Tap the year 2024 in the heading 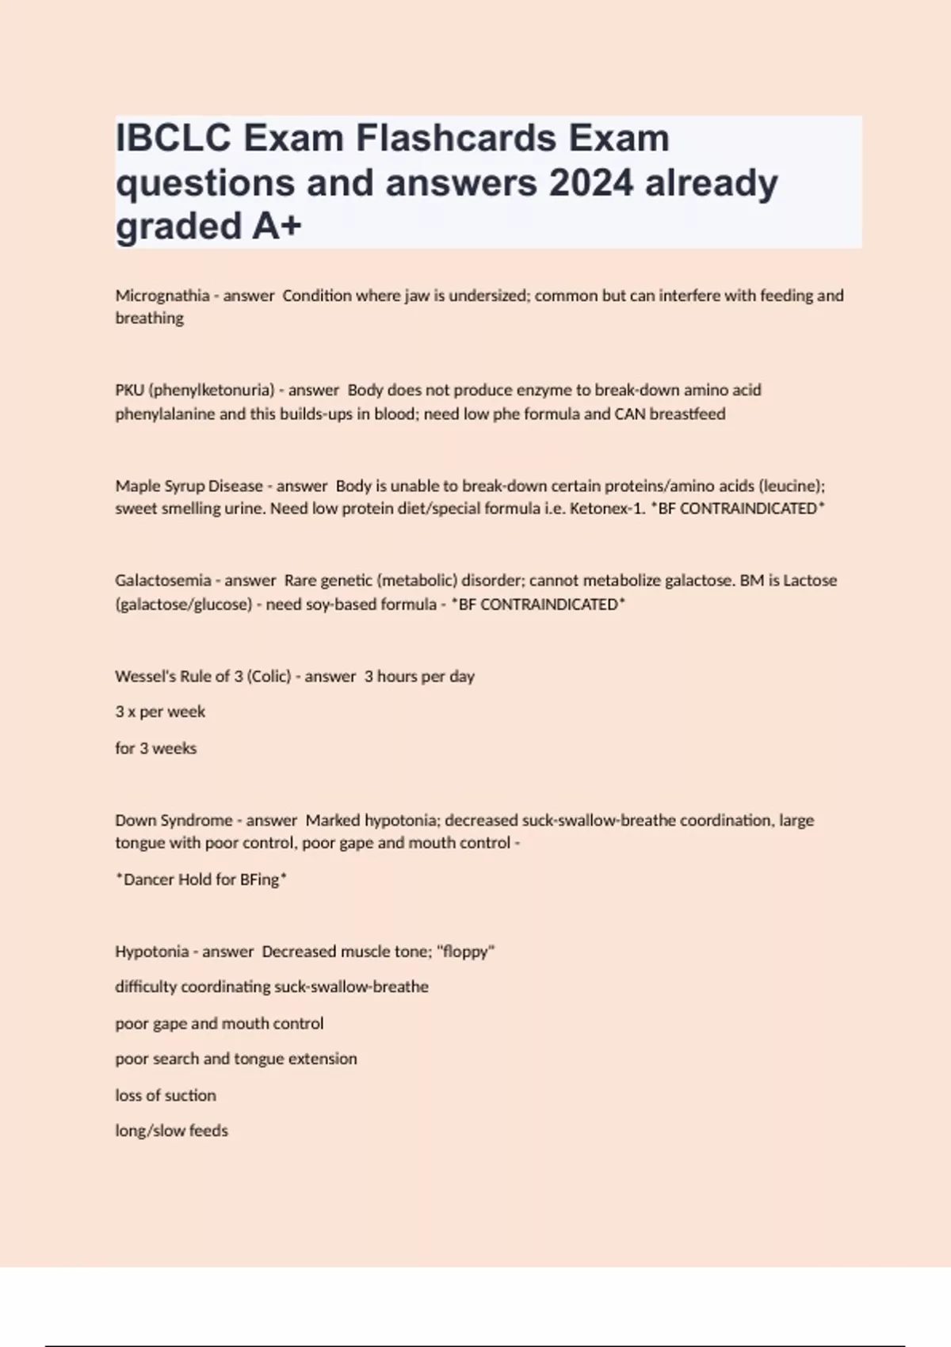point(591,183)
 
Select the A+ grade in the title point(277,227)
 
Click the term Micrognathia point(162,296)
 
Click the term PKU point(129,390)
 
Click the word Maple point(137,486)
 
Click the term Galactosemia point(162,580)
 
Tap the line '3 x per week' point(160,712)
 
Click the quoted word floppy point(465,952)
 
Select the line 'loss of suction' point(166,1095)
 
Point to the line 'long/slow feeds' point(171,1131)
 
